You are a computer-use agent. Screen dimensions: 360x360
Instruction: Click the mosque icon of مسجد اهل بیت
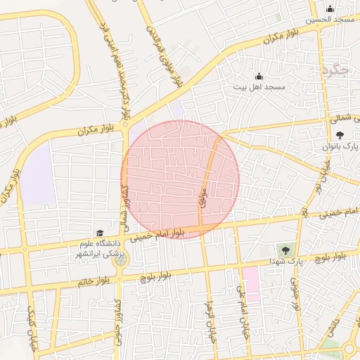259,76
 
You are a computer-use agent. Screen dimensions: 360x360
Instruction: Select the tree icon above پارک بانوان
340,134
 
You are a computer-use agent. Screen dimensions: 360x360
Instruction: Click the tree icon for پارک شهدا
285,250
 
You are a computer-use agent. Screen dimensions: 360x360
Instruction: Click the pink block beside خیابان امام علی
251,283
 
